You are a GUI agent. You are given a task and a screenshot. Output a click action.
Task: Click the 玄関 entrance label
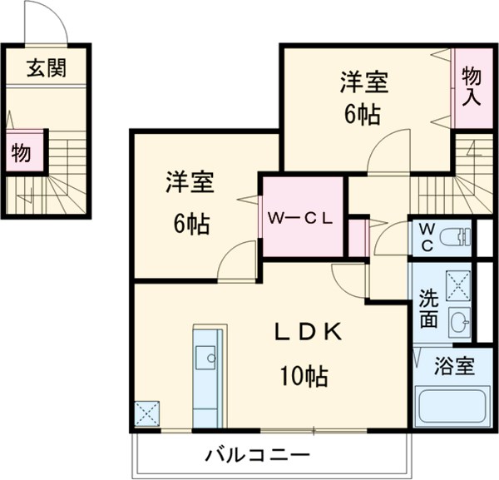coord(46,69)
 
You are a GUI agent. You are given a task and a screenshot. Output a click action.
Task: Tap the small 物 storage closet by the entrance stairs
coord(21,153)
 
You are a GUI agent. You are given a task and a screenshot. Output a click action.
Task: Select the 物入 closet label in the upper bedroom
coord(472,86)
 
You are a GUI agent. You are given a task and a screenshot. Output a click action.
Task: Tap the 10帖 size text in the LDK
coord(303,376)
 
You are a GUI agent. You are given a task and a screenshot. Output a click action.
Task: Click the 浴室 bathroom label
coord(454,366)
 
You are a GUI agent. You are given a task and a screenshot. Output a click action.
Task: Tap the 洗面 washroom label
coord(428,308)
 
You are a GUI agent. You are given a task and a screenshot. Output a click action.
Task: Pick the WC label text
coord(426,235)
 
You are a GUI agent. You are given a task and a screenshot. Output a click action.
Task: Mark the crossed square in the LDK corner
coord(147,413)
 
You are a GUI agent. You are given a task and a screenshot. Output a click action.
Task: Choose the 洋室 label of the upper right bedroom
coord(363,83)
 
